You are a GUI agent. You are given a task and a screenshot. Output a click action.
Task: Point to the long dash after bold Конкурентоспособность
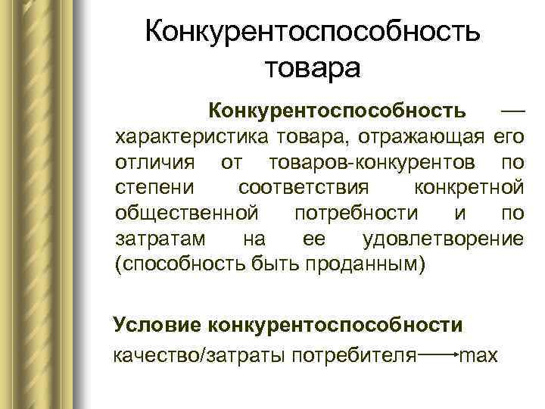coord(512,111)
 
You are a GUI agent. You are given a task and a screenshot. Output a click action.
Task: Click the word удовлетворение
coord(443,239)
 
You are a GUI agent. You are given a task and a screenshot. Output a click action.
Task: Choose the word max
coord(480,354)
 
